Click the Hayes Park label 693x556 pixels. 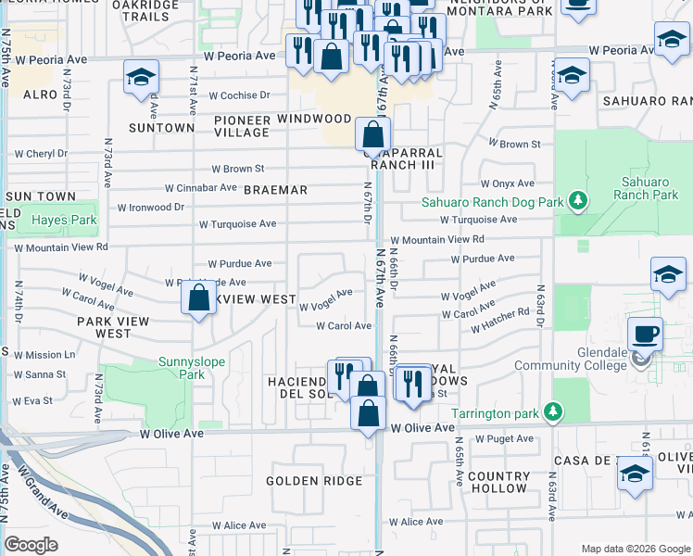point(64,221)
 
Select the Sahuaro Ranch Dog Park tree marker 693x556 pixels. point(578,200)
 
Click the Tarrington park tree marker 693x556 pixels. point(553,410)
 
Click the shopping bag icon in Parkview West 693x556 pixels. point(198,299)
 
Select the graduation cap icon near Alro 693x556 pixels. point(141,77)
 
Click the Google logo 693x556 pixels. point(31,545)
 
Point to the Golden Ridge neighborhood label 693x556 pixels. point(305,481)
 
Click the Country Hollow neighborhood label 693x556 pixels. point(498,482)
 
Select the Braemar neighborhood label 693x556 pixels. point(275,190)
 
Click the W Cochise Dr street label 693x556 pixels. point(239,95)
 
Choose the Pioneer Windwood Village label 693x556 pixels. point(283,126)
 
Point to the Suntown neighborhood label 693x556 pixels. point(161,128)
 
